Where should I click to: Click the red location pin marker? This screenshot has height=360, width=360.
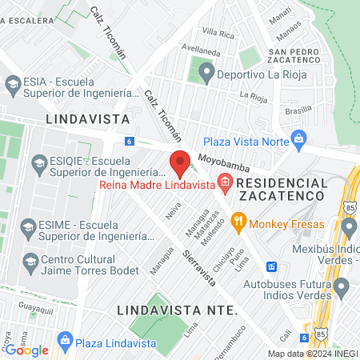180,162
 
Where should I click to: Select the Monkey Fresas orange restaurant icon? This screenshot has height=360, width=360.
238,226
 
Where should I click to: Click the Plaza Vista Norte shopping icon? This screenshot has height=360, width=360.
299,138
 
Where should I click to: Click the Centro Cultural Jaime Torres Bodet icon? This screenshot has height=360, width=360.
30,261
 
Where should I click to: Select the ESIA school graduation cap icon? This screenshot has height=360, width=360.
12,83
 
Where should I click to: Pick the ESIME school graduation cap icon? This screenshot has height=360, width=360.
27,226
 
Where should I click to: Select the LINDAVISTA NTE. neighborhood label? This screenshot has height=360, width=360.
175,309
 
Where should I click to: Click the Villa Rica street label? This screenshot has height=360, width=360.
218,32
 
